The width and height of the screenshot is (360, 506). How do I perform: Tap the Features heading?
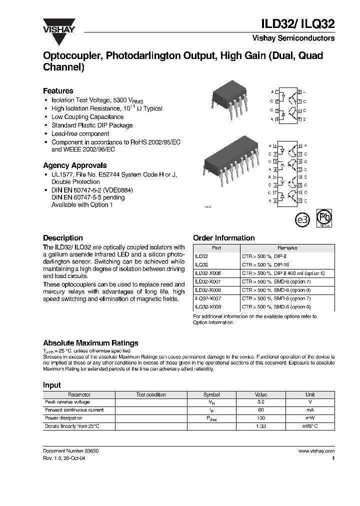click(58, 91)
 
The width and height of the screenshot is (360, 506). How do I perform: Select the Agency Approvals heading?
click(74, 165)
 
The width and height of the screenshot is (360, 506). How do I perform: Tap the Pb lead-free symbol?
click(325, 218)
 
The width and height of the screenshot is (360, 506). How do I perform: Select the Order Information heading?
click(223, 238)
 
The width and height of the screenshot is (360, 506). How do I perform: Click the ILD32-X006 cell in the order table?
click(207, 273)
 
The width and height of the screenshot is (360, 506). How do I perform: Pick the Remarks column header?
click(287, 248)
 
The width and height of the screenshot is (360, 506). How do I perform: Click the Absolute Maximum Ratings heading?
click(90, 343)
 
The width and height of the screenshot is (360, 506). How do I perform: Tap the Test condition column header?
click(151, 394)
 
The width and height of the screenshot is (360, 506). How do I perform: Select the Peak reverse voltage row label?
click(67, 402)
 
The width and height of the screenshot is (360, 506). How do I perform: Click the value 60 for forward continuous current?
click(260, 410)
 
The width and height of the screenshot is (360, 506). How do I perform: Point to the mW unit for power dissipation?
click(310, 418)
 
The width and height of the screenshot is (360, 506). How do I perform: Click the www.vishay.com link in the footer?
click(316, 451)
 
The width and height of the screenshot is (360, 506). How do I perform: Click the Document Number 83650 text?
click(71, 451)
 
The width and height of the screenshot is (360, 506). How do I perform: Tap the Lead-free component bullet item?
click(80, 134)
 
